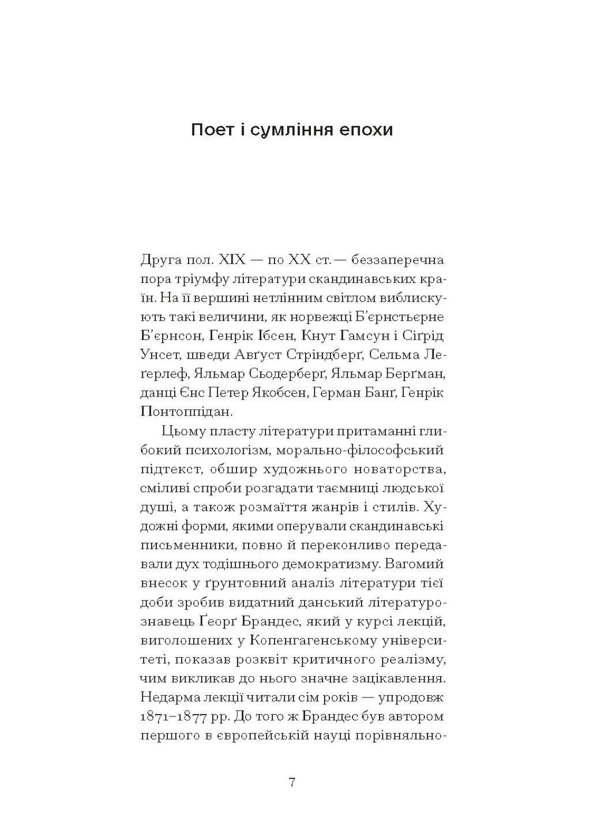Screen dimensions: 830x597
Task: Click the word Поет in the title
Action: (211, 130)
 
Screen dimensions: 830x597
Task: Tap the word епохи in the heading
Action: (366, 130)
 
